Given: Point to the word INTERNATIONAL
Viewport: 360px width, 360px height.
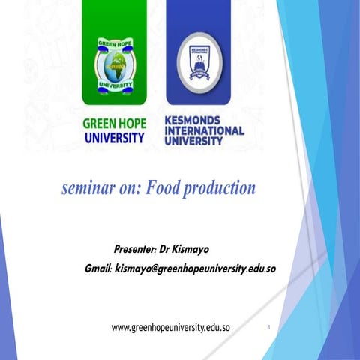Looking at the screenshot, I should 203,130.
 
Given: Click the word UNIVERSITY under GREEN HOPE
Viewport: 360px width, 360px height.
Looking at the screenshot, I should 113,138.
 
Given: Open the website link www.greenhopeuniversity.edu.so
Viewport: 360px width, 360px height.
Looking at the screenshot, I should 170,328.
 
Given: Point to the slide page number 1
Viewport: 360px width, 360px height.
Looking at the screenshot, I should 268,328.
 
